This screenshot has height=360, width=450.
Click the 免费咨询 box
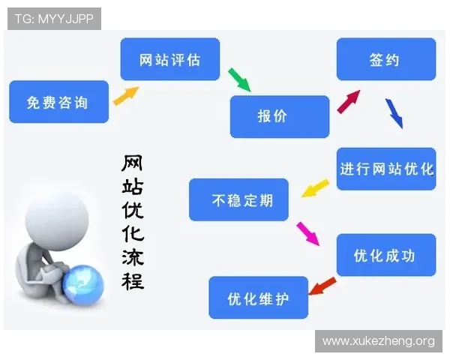[x=58, y=102]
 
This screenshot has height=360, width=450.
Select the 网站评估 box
[x=170, y=59]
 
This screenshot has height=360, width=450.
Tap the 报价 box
[x=279, y=116]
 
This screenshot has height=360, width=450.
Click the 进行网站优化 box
[x=386, y=169]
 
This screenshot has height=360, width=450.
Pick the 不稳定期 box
[x=238, y=200]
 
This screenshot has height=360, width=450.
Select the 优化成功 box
[x=385, y=256]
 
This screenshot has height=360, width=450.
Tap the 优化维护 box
[x=258, y=298]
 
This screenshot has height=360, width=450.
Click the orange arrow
[x=126, y=95]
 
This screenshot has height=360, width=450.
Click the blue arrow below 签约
[x=394, y=113]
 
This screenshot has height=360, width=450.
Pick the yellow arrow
[x=316, y=187]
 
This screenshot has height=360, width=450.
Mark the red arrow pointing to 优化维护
[x=322, y=286]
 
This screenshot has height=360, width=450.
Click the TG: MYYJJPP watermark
[x=54, y=19]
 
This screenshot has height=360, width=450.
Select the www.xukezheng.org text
[x=378, y=341]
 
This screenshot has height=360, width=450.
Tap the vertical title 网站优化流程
[x=133, y=222]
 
